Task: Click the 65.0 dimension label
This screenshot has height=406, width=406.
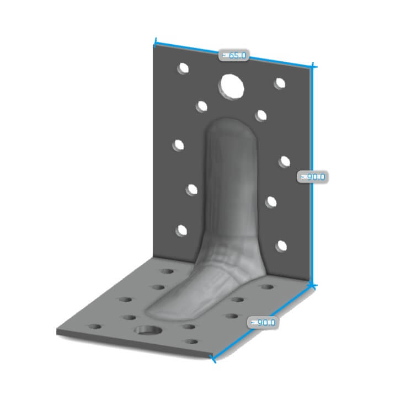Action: click(x=234, y=55)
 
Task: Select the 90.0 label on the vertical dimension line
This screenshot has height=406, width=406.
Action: click(x=313, y=177)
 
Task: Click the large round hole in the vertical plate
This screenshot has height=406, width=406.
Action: click(x=232, y=87)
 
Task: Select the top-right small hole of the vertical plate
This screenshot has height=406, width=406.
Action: click(x=280, y=83)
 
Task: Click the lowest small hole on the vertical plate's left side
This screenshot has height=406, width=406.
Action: click(x=180, y=231)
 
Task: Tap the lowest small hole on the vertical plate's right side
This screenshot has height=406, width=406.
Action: click(x=281, y=245)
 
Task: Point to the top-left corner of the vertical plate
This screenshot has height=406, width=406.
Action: click(x=155, y=44)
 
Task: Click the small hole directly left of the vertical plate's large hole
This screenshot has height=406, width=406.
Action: click(x=202, y=105)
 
